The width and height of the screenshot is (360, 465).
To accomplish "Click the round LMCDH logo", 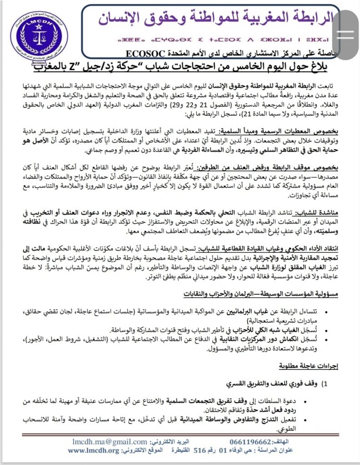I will click(39, 40).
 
